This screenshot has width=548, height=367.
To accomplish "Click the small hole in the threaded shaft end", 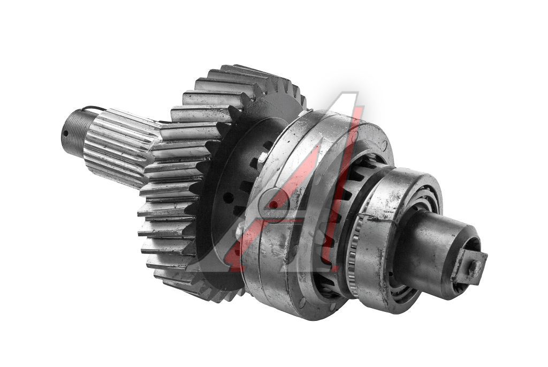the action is tap(65, 133).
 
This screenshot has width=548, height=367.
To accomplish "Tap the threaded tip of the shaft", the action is tap(75, 130).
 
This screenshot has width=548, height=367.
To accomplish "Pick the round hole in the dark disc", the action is tap(227, 198).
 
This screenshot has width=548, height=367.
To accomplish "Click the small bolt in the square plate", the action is tap(475, 268).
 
